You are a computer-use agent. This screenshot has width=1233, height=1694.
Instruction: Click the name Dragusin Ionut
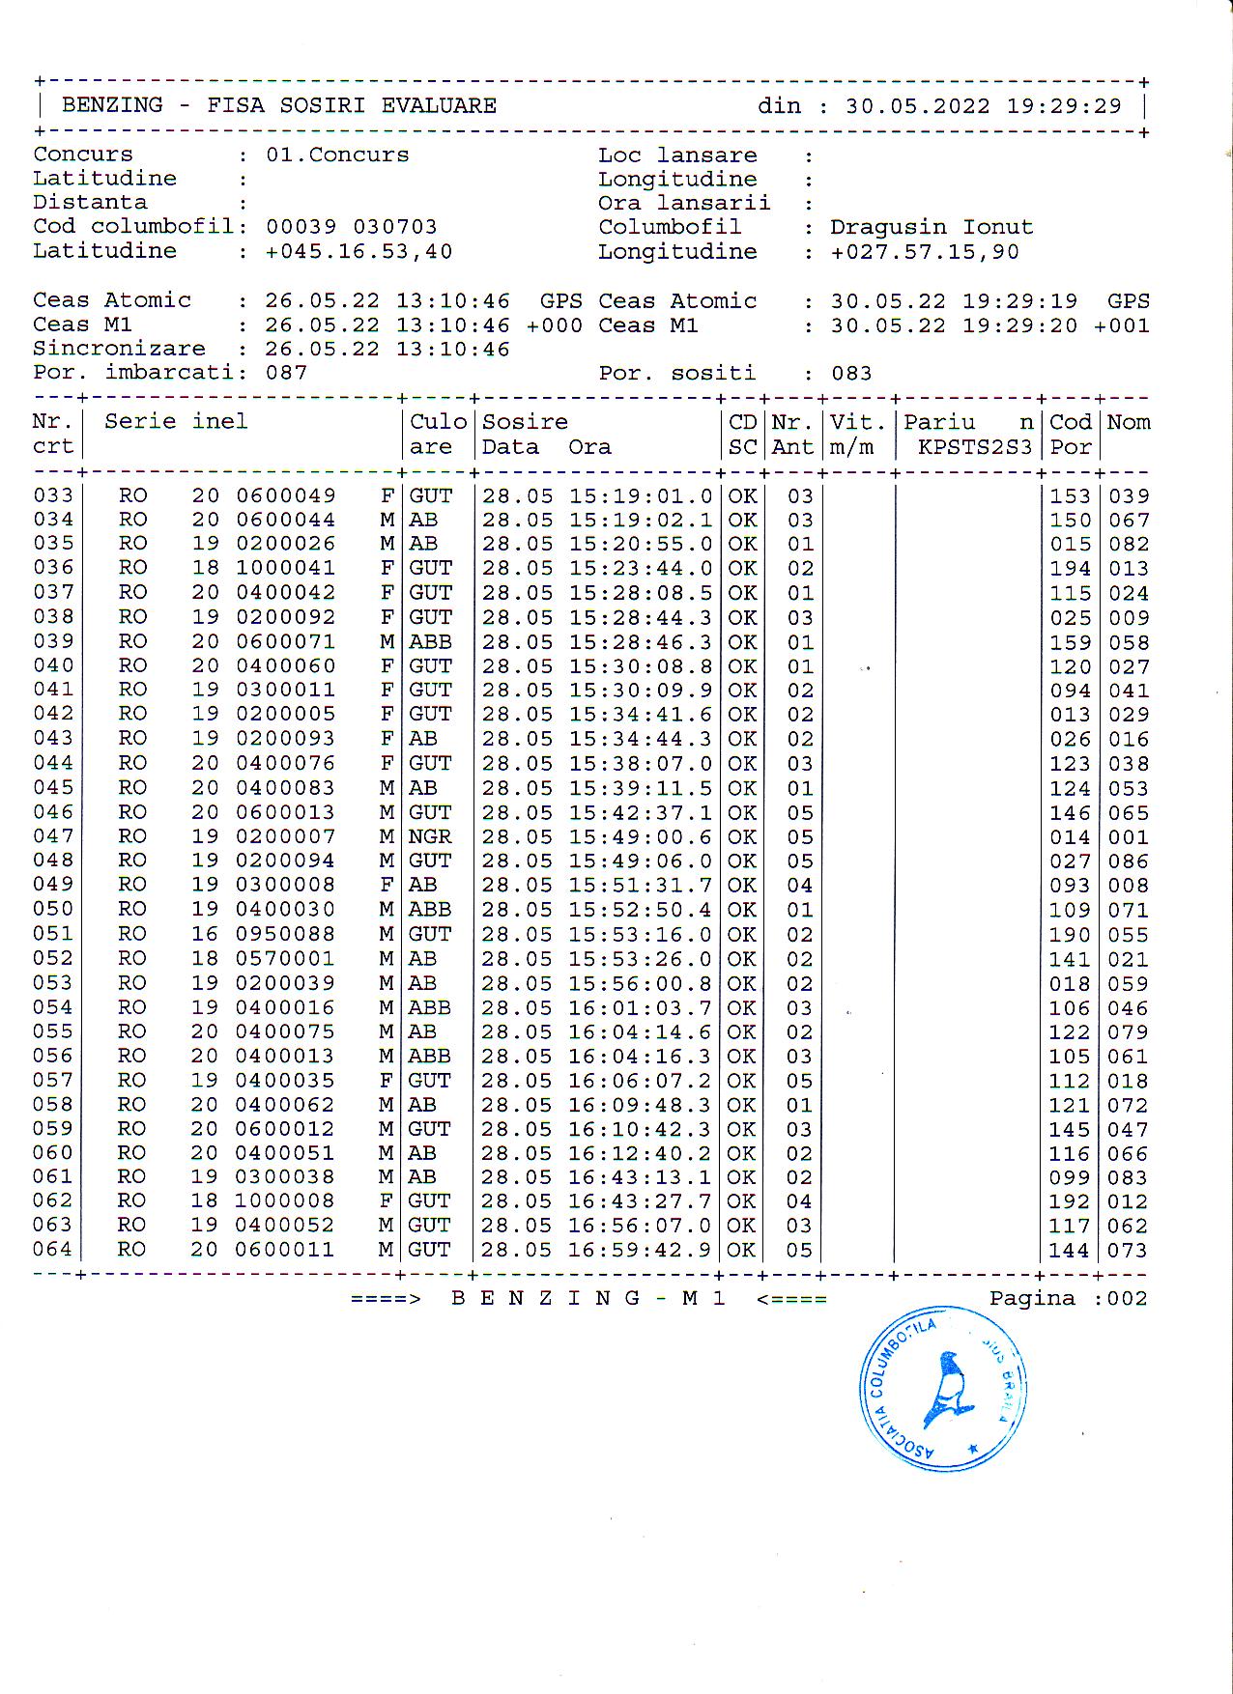tap(931, 227)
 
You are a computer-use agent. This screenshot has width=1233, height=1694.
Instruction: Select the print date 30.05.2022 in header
tap(917, 106)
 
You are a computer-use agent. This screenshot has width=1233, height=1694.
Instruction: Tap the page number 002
tap(1128, 1299)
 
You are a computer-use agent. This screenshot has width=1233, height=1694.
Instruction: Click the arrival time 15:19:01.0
tap(641, 496)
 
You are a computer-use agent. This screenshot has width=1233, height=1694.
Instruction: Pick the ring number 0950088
tap(285, 934)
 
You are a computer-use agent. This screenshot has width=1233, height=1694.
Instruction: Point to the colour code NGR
tap(430, 836)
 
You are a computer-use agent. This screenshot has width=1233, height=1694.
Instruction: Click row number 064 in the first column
tap(52, 1250)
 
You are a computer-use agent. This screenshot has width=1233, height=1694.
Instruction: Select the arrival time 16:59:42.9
tap(640, 1250)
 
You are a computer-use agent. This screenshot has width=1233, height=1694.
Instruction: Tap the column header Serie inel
tap(176, 421)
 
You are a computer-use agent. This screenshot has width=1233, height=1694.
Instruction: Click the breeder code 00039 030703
tap(351, 227)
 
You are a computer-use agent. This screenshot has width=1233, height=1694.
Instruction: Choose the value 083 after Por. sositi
tap(851, 374)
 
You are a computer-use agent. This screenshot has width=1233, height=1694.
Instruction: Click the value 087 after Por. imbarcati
tap(286, 373)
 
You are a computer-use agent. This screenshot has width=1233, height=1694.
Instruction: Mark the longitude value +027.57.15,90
tap(925, 252)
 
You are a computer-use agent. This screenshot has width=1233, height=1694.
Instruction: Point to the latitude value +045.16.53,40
tap(358, 251)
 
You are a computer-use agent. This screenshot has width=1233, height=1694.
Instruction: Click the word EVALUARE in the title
tap(439, 105)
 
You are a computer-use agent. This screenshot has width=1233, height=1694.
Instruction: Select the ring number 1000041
tap(285, 568)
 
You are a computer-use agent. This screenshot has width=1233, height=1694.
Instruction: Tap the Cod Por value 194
tap(1070, 569)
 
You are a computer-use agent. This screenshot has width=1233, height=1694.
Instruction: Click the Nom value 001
tap(1128, 837)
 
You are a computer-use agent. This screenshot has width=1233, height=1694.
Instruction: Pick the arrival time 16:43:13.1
tap(640, 1177)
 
